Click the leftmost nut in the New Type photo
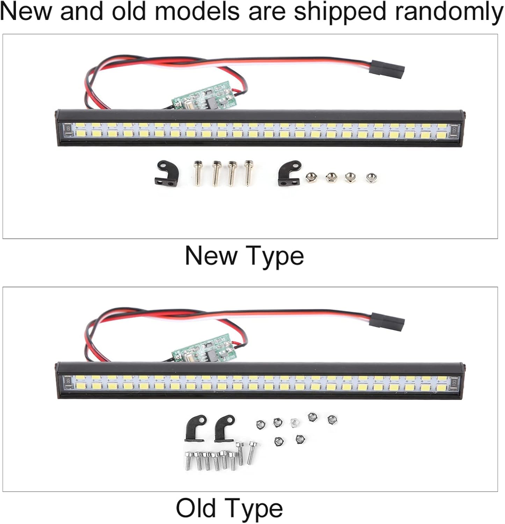click(310, 177)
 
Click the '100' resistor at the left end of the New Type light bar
click(68, 129)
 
